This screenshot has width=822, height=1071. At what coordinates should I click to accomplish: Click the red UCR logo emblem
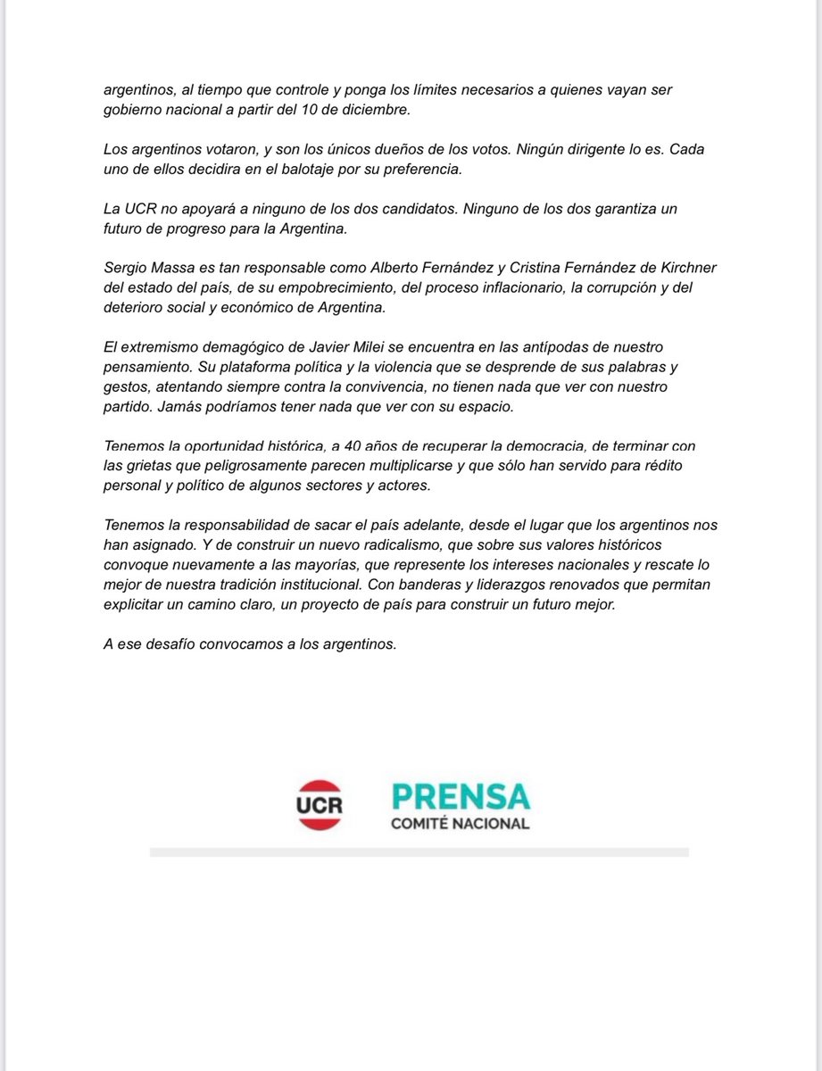pos(320,804)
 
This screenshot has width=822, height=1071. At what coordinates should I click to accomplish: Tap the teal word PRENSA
pos(460,796)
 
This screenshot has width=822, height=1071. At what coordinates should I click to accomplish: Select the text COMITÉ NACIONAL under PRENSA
pos(460,823)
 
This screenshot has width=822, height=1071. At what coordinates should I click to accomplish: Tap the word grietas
pos(154,466)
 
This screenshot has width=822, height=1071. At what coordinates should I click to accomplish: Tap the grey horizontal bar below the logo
pos(419,852)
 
